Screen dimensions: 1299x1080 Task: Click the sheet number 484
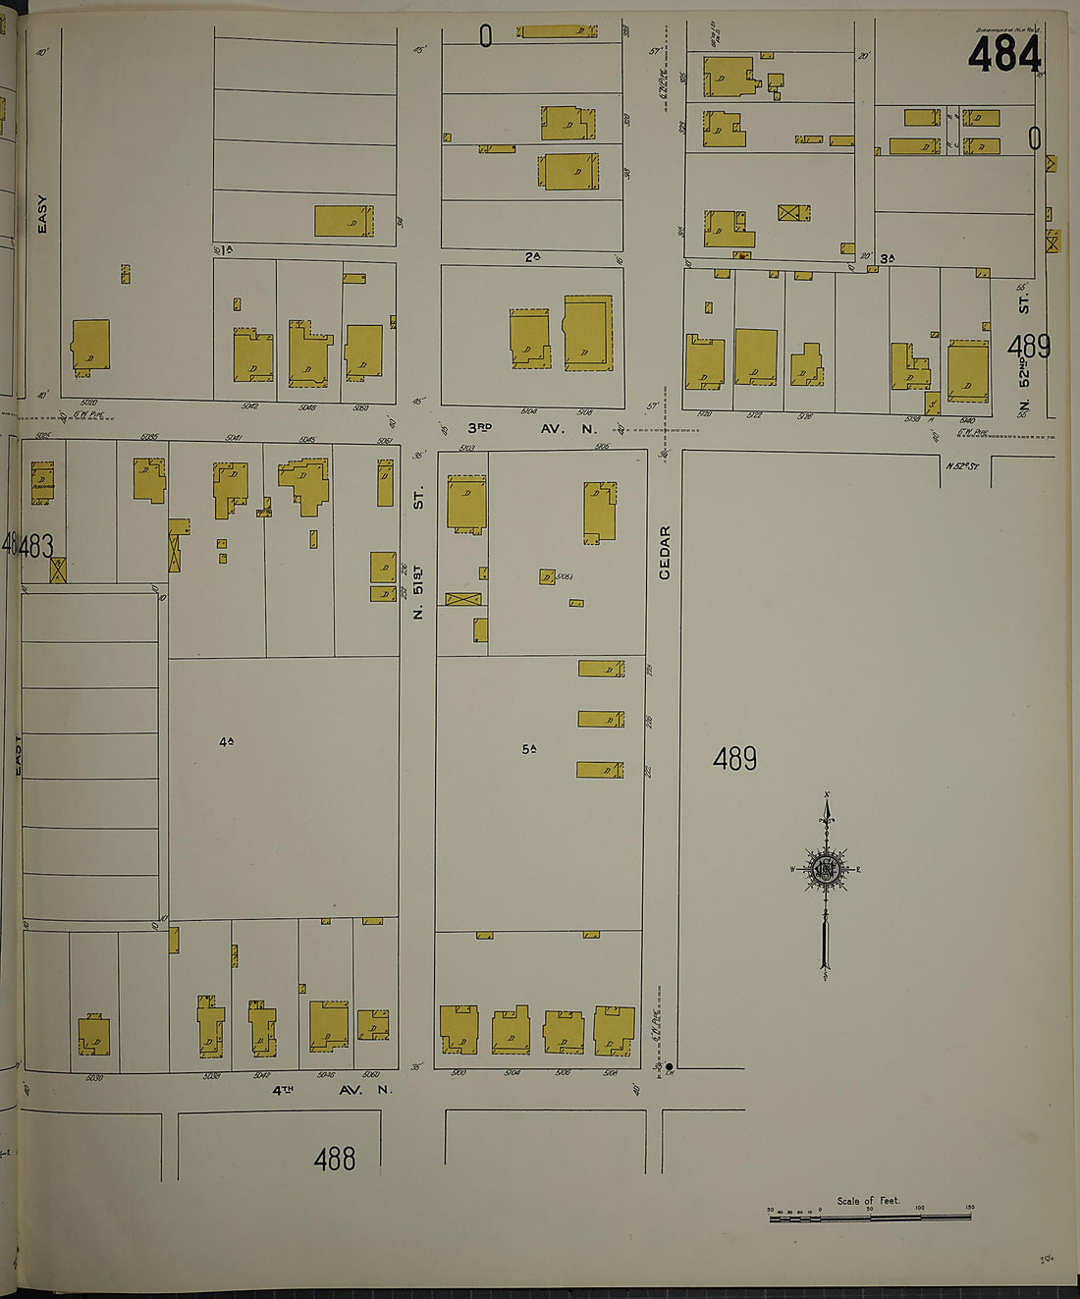[x=1002, y=54]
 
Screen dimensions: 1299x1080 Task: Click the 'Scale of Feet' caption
[x=868, y=1200]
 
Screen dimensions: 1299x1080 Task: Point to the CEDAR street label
[x=665, y=552]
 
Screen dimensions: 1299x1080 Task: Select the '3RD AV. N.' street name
[x=531, y=428]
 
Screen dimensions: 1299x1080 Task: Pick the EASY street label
[x=41, y=214]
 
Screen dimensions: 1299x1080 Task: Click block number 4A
[x=226, y=742]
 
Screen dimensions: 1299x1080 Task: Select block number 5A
[x=529, y=749]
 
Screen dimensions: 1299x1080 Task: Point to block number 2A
[x=532, y=257]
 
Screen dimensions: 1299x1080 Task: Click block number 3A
[x=887, y=259]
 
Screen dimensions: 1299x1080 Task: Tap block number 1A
[x=224, y=250]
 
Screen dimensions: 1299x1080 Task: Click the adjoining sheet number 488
[x=334, y=1160]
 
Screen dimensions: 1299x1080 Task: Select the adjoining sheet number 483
[x=35, y=545]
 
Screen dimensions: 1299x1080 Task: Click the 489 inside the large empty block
[x=734, y=759]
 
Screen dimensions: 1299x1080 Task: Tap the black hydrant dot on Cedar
[x=669, y=1066]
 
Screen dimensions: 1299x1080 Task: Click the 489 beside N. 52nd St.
[x=1028, y=347]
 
